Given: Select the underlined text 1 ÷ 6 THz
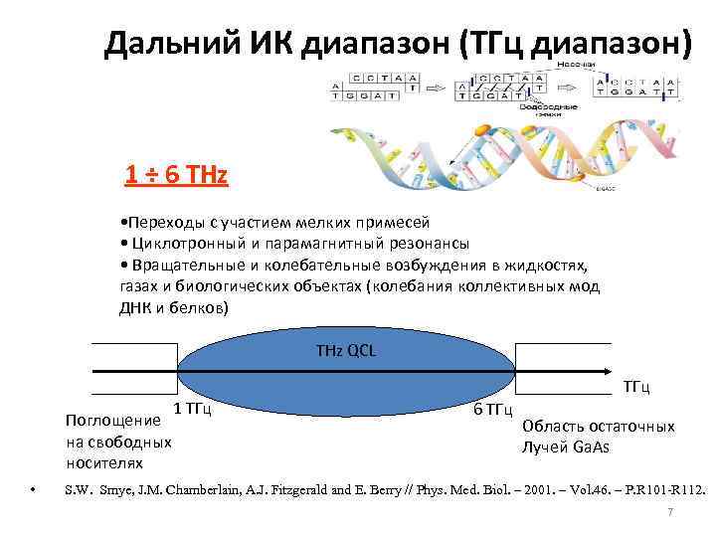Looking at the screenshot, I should click(176, 176).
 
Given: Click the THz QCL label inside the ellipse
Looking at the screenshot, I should click(345, 351).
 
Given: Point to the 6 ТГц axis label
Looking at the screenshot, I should click(491, 410).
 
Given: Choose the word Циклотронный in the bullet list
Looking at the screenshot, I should click(184, 244).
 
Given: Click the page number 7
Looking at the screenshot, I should click(671, 512).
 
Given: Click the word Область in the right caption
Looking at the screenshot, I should click(553, 426).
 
